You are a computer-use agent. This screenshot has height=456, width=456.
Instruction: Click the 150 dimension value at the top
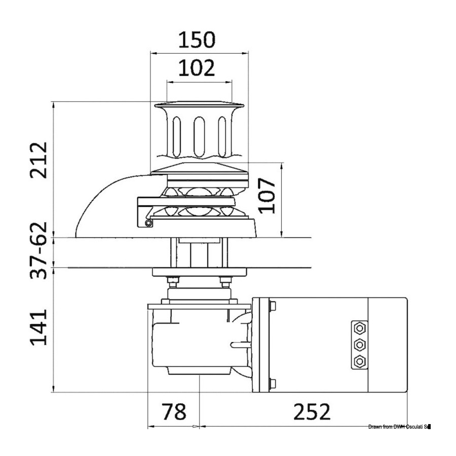tap(197, 40)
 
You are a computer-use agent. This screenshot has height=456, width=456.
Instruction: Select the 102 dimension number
tap(196, 68)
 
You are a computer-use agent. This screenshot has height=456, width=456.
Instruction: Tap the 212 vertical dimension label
tap(39, 160)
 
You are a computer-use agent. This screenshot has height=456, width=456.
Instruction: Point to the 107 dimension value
tap(267, 196)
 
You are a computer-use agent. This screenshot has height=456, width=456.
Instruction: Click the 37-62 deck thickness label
tap(39, 251)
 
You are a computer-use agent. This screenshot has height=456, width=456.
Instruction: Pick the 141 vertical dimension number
tap(39, 327)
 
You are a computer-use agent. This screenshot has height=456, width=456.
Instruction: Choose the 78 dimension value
tap(174, 411)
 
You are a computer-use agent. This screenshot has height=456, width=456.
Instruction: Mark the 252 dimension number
tap(312, 411)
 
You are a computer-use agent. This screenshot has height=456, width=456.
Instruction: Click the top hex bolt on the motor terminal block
tap(360, 328)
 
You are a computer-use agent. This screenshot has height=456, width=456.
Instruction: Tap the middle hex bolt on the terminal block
tap(360, 345)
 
